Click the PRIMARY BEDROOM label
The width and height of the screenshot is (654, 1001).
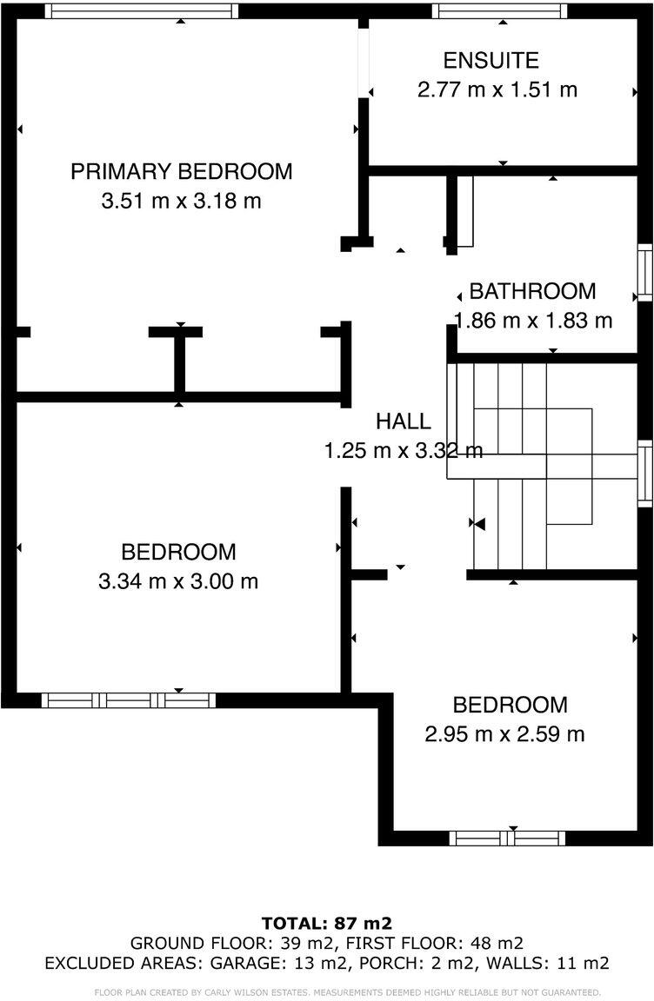(x=181, y=171)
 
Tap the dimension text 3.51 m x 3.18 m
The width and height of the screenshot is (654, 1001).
(x=181, y=202)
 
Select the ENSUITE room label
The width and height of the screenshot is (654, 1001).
(x=490, y=61)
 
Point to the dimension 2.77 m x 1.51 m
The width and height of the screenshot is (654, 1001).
(x=497, y=89)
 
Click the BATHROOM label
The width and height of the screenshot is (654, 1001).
(x=532, y=291)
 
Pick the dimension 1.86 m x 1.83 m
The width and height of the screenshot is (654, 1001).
(x=532, y=320)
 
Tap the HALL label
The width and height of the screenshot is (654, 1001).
(x=403, y=421)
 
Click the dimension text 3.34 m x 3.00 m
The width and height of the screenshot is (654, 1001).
(x=178, y=581)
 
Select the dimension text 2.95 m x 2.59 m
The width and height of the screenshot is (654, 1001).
(x=504, y=734)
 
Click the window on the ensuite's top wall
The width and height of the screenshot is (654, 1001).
(x=499, y=11)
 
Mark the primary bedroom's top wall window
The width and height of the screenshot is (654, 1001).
(x=141, y=11)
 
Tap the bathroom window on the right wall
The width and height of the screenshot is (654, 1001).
(x=644, y=273)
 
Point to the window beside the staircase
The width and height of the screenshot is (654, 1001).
(x=644, y=474)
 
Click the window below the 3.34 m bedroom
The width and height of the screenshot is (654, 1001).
(x=129, y=700)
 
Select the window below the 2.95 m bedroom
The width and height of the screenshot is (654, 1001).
(x=507, y=839)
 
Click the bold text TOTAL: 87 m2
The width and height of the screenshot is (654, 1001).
(x=327, y=923)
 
